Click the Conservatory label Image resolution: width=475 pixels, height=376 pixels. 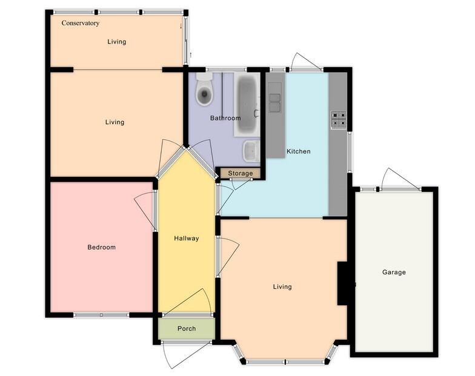pos(80,23)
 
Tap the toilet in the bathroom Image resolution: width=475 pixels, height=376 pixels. pos(205,89)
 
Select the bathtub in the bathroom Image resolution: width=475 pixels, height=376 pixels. pos(247,104)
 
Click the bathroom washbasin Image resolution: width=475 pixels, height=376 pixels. pos(251,151)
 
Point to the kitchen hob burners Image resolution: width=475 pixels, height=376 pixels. pos(339,119)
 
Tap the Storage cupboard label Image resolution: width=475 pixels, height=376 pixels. pos(241,173)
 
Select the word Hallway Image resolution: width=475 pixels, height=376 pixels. pos(187,239)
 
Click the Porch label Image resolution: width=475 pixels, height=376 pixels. pos(187,328)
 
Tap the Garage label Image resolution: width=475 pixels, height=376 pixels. pos(394,272)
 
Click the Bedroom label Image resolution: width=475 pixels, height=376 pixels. pos(102,247)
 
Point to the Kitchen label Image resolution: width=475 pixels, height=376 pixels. pos(298,151)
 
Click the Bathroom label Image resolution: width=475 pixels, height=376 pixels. pos(225,118)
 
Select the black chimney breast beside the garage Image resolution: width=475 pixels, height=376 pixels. pos(343,283)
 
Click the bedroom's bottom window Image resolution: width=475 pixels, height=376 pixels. pos(102,315)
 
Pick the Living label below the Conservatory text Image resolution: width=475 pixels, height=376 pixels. pos(116,42)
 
